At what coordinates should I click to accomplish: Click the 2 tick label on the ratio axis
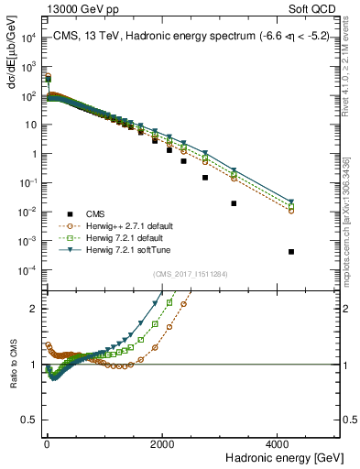33,309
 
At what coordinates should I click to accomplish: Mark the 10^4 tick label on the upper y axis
27,38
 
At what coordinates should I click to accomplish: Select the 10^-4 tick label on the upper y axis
27,270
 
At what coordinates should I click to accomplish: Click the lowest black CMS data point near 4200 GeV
291,251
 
